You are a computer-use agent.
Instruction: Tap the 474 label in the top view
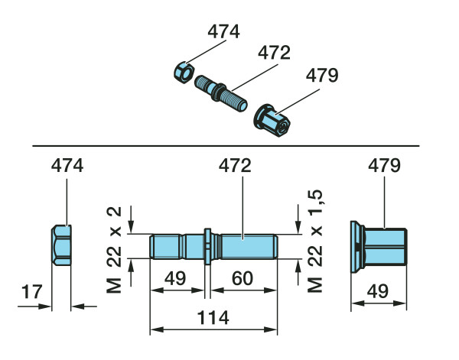(x=223, y=32)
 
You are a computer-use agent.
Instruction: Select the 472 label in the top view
(x=274, y=54)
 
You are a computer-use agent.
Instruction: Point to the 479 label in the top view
(x=322, y=76)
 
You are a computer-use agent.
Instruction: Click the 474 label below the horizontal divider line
(x=67, y=165)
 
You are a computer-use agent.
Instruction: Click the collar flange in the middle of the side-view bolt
(x=207, y=247)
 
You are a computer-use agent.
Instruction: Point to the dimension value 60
(x=243, y=281)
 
